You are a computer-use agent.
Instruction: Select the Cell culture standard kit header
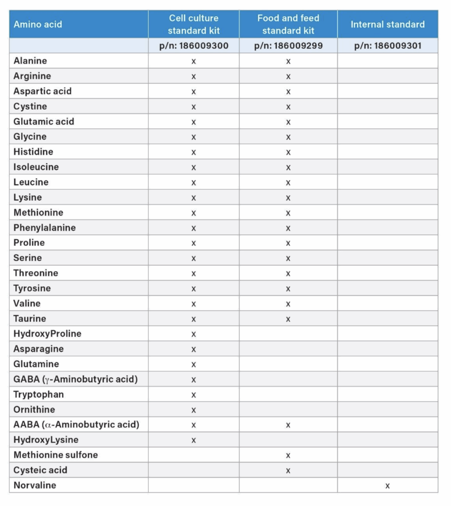coord(194,24)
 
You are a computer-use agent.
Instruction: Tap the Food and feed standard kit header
coord(288,24)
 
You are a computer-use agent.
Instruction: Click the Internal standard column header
coord(387,24)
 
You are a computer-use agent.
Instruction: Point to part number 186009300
coord(194,46)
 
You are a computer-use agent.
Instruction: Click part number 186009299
coord(288,46)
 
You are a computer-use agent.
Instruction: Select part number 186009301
coord(387,46)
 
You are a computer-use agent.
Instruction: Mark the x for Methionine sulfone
coord(288,456)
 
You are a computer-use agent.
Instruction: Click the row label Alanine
coord(30,61)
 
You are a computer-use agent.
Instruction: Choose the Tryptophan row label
coord(39,394)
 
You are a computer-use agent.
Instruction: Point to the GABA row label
coord(76,379)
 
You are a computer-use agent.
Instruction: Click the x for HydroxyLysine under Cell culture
coord(194,440)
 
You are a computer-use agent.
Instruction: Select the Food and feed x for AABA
coord(288,425)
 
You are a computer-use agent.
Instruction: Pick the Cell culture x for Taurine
coord(194,319)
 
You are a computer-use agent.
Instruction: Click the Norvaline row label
coord(35,485)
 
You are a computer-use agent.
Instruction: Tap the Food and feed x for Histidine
coord(288,152)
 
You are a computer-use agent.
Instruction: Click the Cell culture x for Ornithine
coord(194,410)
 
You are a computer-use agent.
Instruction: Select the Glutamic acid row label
coord(43,122)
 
